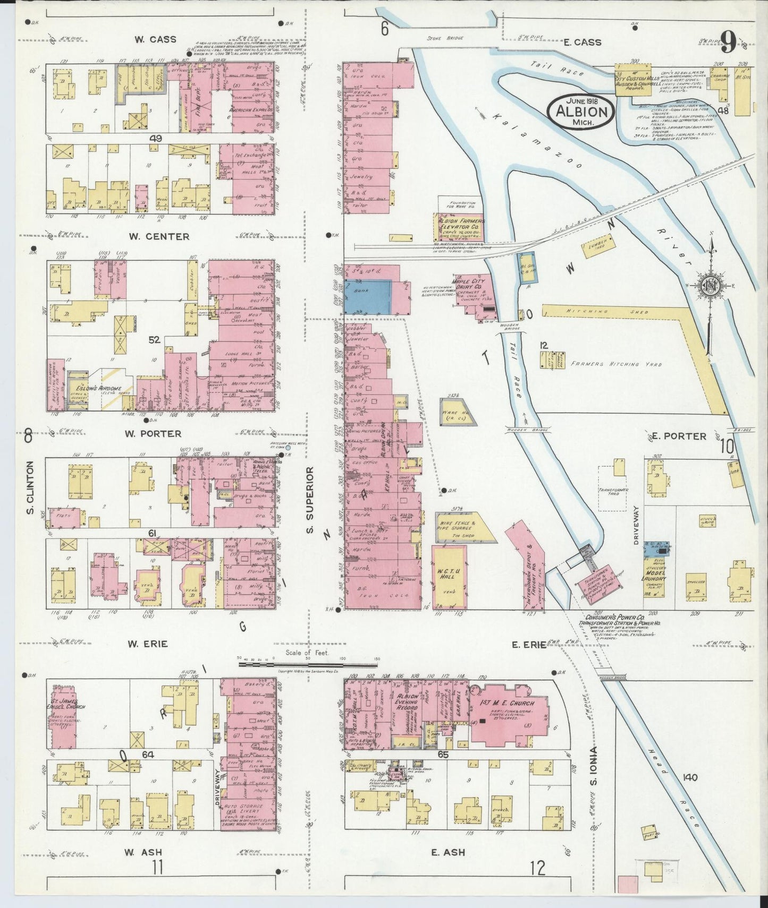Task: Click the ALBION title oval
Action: click(581, 110)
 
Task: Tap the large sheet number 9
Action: click(728, 42)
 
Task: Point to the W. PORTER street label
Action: click(153, 434)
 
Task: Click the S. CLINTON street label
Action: click(30, 487)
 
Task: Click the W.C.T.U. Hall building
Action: click(450, 577)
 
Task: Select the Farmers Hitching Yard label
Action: click(617, 365)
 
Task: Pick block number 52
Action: click(154, 340)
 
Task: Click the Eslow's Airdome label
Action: click(111, 389)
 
